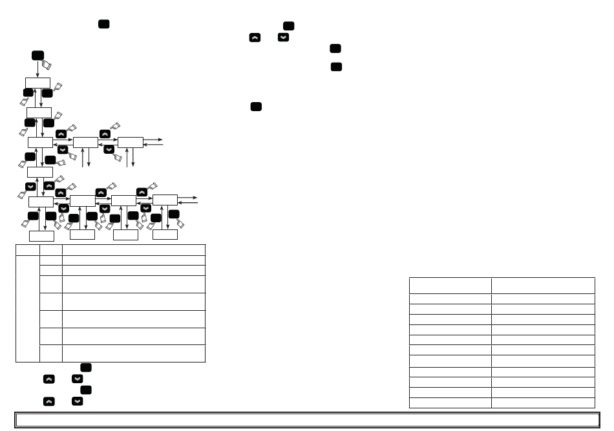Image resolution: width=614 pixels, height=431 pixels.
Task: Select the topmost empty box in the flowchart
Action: [37, 83]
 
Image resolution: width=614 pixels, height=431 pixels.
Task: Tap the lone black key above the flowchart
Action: [103, 24]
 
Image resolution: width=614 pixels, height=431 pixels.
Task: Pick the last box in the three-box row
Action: [130, 142]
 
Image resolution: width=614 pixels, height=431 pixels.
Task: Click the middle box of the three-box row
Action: [85, 142]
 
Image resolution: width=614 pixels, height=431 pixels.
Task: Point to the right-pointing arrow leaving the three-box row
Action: [155, 139]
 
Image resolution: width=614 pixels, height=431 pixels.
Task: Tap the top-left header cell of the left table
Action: [27, 249]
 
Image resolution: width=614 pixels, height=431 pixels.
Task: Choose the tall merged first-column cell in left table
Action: [27, 308]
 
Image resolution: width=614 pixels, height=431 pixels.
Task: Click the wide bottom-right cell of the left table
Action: [134, 353]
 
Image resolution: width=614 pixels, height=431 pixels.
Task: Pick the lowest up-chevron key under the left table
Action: [49, 401]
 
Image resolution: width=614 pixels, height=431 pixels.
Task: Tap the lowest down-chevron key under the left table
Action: [78, 401]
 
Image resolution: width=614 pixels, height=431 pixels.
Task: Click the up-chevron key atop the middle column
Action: [255, 38]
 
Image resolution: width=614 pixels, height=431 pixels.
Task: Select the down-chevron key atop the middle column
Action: [283, 38]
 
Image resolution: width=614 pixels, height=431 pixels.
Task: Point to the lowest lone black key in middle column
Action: [256, 107]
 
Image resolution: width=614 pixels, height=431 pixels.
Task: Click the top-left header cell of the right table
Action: [450, 286]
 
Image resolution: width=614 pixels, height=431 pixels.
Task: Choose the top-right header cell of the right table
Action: [543, 286]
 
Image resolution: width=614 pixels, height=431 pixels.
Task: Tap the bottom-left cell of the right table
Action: [450, 403]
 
